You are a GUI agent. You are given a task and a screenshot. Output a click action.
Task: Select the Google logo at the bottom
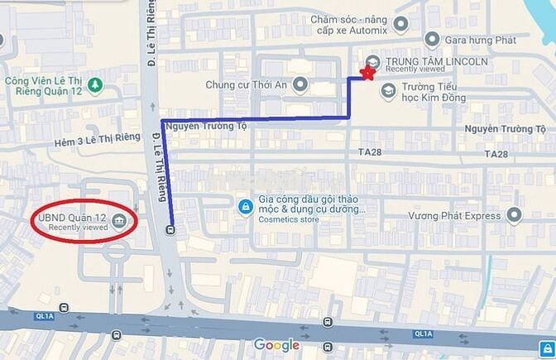[x=276, y=344]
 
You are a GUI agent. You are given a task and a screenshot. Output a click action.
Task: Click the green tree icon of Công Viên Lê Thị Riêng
[x=96, y=84]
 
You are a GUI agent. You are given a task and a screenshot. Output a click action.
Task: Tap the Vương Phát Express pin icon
[x=515, y=216]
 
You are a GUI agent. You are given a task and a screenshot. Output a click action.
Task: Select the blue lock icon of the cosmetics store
[x=245, y=206]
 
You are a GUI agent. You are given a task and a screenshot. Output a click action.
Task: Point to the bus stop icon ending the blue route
[x=171, y=230]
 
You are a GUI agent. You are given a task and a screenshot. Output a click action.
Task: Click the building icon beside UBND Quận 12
[x=119, y=219]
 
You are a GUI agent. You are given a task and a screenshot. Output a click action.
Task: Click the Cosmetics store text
[x=289, y=220]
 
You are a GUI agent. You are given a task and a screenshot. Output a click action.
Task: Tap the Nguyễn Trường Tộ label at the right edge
[x=506, y=129]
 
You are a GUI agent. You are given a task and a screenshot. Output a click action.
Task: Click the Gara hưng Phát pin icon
[x=430, y=39]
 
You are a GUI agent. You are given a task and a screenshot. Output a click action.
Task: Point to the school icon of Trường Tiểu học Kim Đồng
[x=386, y=91]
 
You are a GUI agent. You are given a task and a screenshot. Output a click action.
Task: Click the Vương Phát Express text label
[x=454, y=216]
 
